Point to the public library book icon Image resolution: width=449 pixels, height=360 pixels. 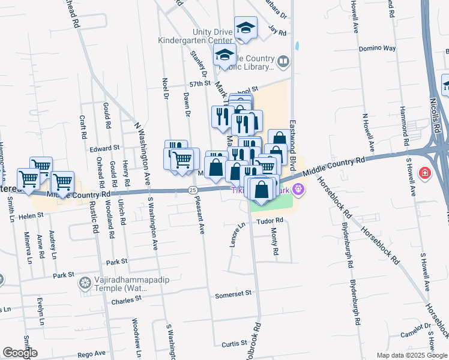(x=283, y=61)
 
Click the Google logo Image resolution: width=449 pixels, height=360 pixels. (x=20, y=353)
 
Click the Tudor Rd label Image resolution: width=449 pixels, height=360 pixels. (x=271, y=220)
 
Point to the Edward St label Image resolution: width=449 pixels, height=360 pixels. (x=104, y=148)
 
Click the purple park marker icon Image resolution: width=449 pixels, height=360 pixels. (x=298, y=190)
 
